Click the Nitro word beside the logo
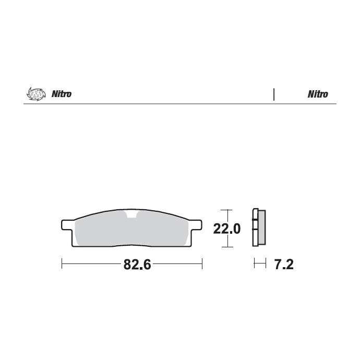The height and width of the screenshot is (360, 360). [x=62, y=94]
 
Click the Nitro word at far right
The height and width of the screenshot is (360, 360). [x=318, y=94]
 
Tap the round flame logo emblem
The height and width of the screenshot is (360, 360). [x=34, y=94]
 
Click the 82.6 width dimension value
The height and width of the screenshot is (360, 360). [x=137, y=265]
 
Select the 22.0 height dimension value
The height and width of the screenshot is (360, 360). [x=227, y=229]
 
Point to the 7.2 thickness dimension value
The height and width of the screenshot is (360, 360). [x=284, y=265]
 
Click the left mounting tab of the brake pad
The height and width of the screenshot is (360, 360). [x=67, y=225]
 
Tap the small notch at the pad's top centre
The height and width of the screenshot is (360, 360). [x=131, y=214]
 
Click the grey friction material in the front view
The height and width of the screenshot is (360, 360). [x=131, y=230]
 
